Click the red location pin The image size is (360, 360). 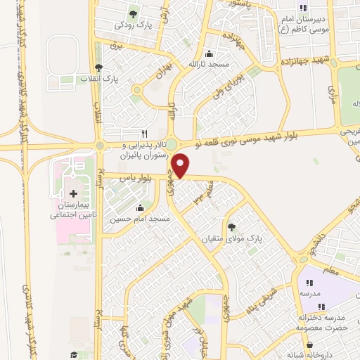(x=181, y=166)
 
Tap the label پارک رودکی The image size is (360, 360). (x=134, y=25)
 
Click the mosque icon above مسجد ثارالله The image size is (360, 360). (x=208, y=54)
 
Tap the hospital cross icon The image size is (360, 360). (x=73, y=193)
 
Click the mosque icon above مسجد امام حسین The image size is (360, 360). (x=140, y=208)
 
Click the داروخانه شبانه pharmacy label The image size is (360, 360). (x=305, y=355)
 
